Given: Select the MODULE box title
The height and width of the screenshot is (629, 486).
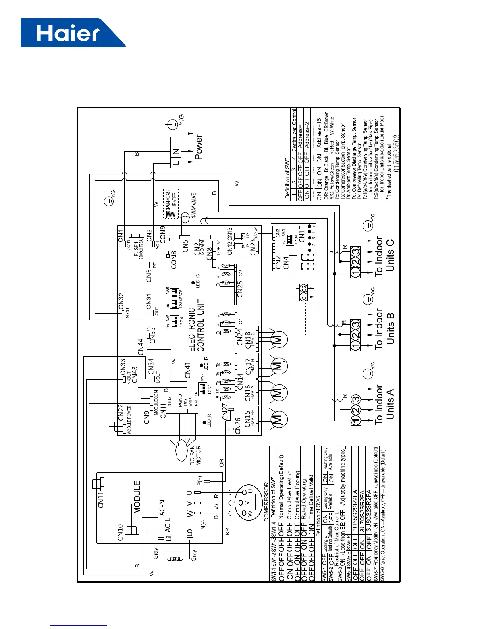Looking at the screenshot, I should point(137,497).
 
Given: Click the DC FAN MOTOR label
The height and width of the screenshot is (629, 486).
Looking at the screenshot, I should point(195,455).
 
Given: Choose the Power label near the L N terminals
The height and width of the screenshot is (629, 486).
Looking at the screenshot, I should point(199,147).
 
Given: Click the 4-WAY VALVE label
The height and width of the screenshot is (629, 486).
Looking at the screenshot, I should point(194,206).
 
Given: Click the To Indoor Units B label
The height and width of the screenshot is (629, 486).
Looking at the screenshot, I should point(384,330).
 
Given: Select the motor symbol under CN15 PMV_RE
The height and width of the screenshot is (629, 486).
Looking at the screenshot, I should point(277,420).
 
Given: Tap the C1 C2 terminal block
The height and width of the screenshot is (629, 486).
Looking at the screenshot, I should point(304,292).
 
